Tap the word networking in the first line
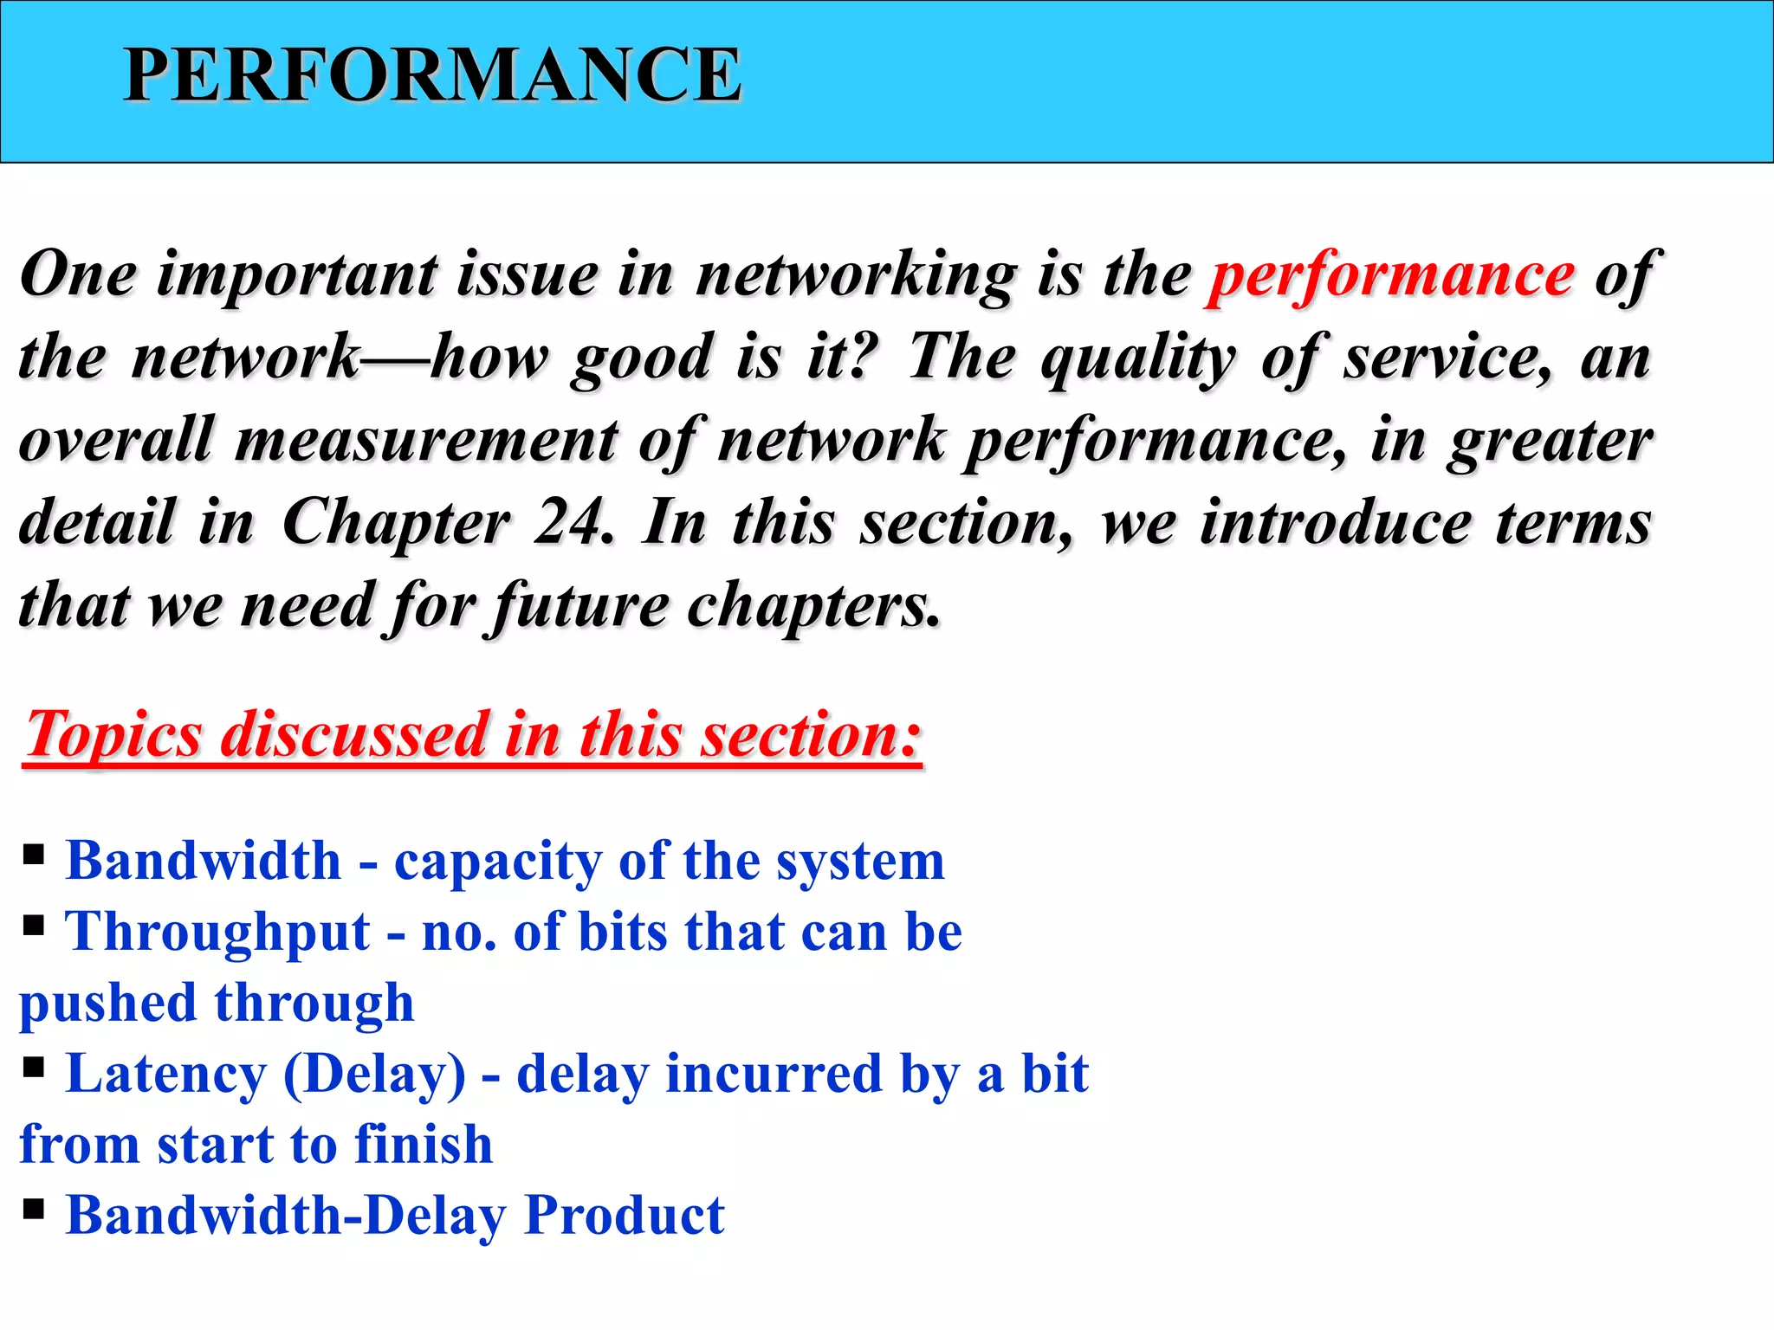click(857, 275)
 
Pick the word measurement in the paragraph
click(426, 440)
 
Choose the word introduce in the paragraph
click(1336, 523)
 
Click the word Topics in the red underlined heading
click(113, 735)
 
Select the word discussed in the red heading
click(355, 735)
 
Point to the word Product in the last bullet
click(625, 1216)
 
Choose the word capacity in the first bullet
click(497, 862)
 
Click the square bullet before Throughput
click(34, 926)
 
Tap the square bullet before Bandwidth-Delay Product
click(34, 1208)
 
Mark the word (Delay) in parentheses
click(374, 1075)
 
